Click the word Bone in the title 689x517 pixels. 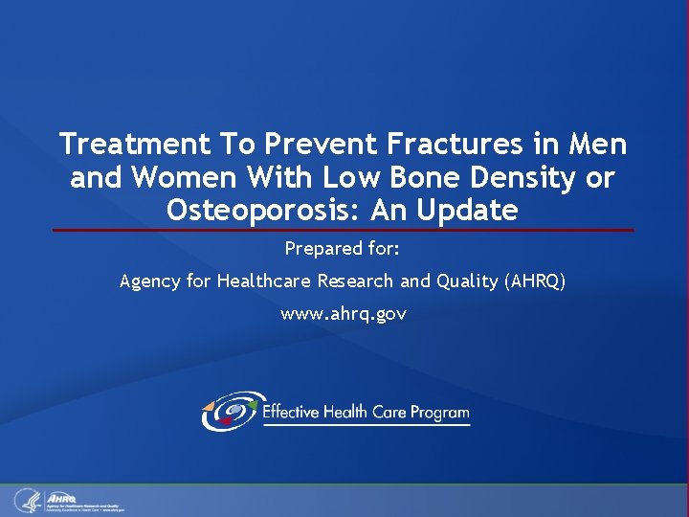398,177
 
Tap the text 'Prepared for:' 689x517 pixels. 343,249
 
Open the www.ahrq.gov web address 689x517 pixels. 343,314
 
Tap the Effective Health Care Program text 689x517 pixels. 366,413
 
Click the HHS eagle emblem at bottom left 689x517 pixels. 26,500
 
